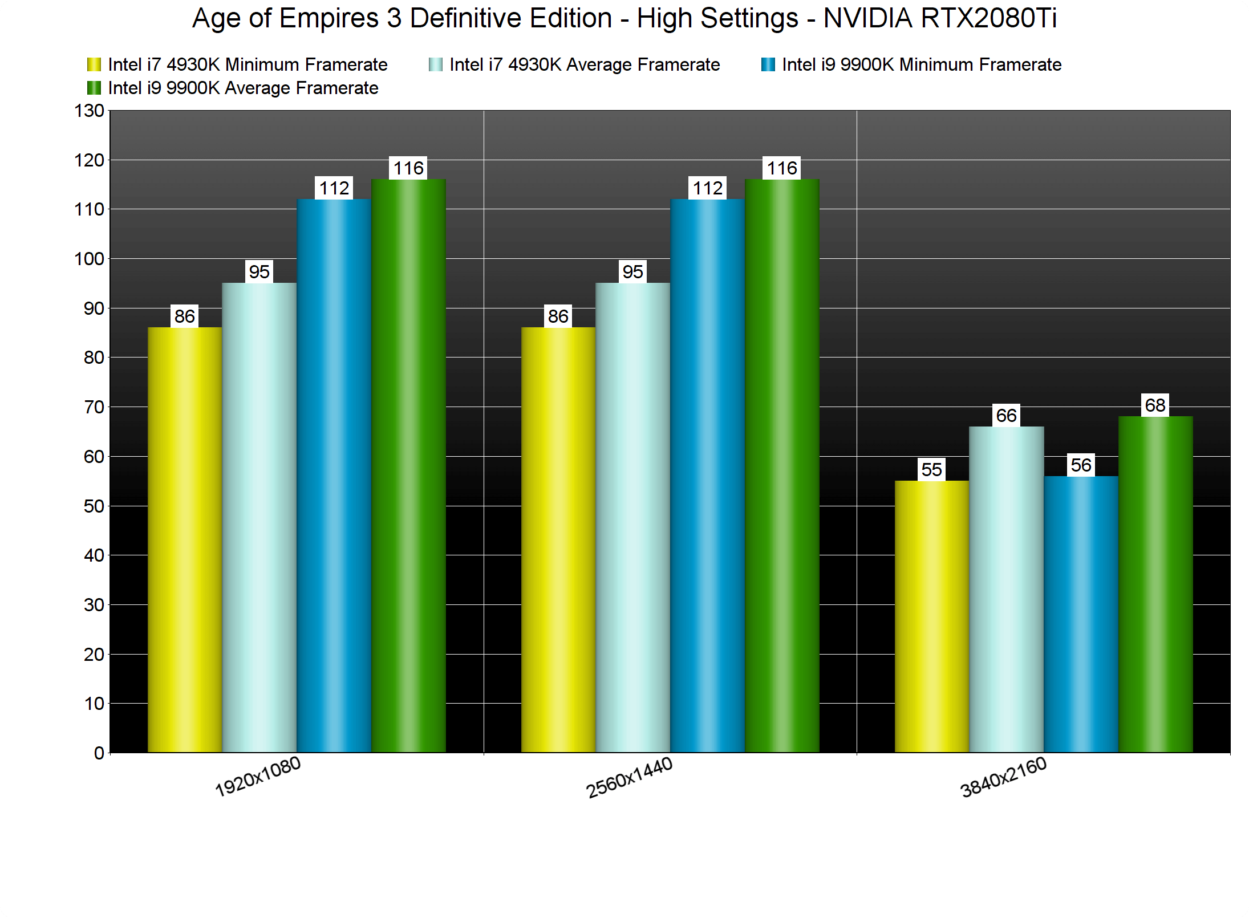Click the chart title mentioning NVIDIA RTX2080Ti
click(x=624, y=18)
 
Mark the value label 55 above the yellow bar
click(x=932, y=470)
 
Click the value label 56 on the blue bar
click(x=1081, y=465)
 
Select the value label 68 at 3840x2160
click(x=1155, y=405)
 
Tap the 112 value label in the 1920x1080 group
click(x=334, y=188)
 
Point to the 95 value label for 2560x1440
click(x=632, y=272)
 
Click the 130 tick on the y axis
click(x=90, y=111)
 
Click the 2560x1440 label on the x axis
click(x=630, y=778)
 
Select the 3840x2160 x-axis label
click(x=1003, y=778)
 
